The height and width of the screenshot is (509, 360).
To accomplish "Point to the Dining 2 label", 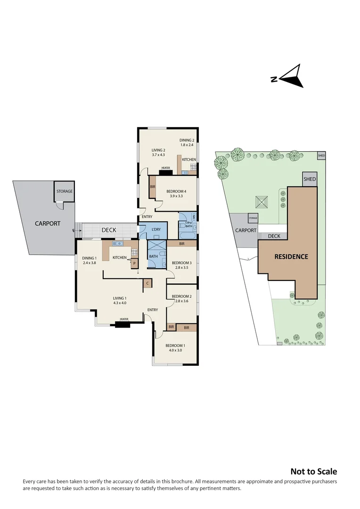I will coord(187,143).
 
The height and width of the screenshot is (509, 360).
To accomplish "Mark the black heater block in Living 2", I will coord(165,172).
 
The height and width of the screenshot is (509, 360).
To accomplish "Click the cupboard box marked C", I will coord(147,284).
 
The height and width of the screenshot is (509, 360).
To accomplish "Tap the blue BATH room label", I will coord(153,257).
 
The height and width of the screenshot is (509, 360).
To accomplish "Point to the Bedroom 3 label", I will coord(181,265).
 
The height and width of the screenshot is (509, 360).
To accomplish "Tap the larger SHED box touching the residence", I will coord(310,179).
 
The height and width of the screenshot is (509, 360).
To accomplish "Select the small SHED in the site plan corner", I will coord(321,156).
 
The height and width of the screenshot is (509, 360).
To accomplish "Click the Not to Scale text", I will coord(313,471).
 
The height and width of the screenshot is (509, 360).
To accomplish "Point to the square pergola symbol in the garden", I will coord(262,202).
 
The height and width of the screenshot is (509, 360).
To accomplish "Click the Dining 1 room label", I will coord(89,261).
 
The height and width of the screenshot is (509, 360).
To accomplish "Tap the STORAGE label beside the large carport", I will coord(65,192).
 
